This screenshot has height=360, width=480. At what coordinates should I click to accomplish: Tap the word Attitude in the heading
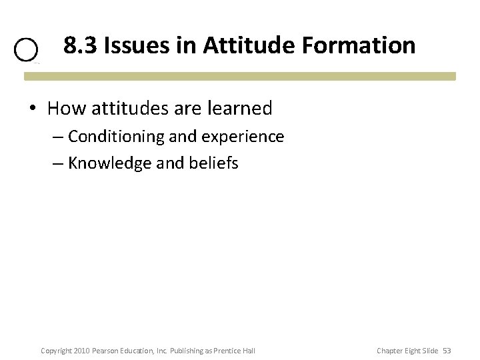(x=238, y=45)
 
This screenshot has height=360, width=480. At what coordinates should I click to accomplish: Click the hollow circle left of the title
(x=27, y=51)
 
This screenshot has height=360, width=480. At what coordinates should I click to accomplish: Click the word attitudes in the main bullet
(x=125, y=107)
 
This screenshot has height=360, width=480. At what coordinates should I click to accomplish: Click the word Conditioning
(x=116, y=137)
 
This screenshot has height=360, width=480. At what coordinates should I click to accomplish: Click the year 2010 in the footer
(x=81, y=351)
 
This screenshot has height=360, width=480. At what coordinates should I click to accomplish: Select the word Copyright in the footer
(x=56, y=351)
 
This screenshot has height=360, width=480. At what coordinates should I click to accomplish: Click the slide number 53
(x=447, y=351)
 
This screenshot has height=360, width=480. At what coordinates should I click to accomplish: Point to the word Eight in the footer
(x=411, y=351)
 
